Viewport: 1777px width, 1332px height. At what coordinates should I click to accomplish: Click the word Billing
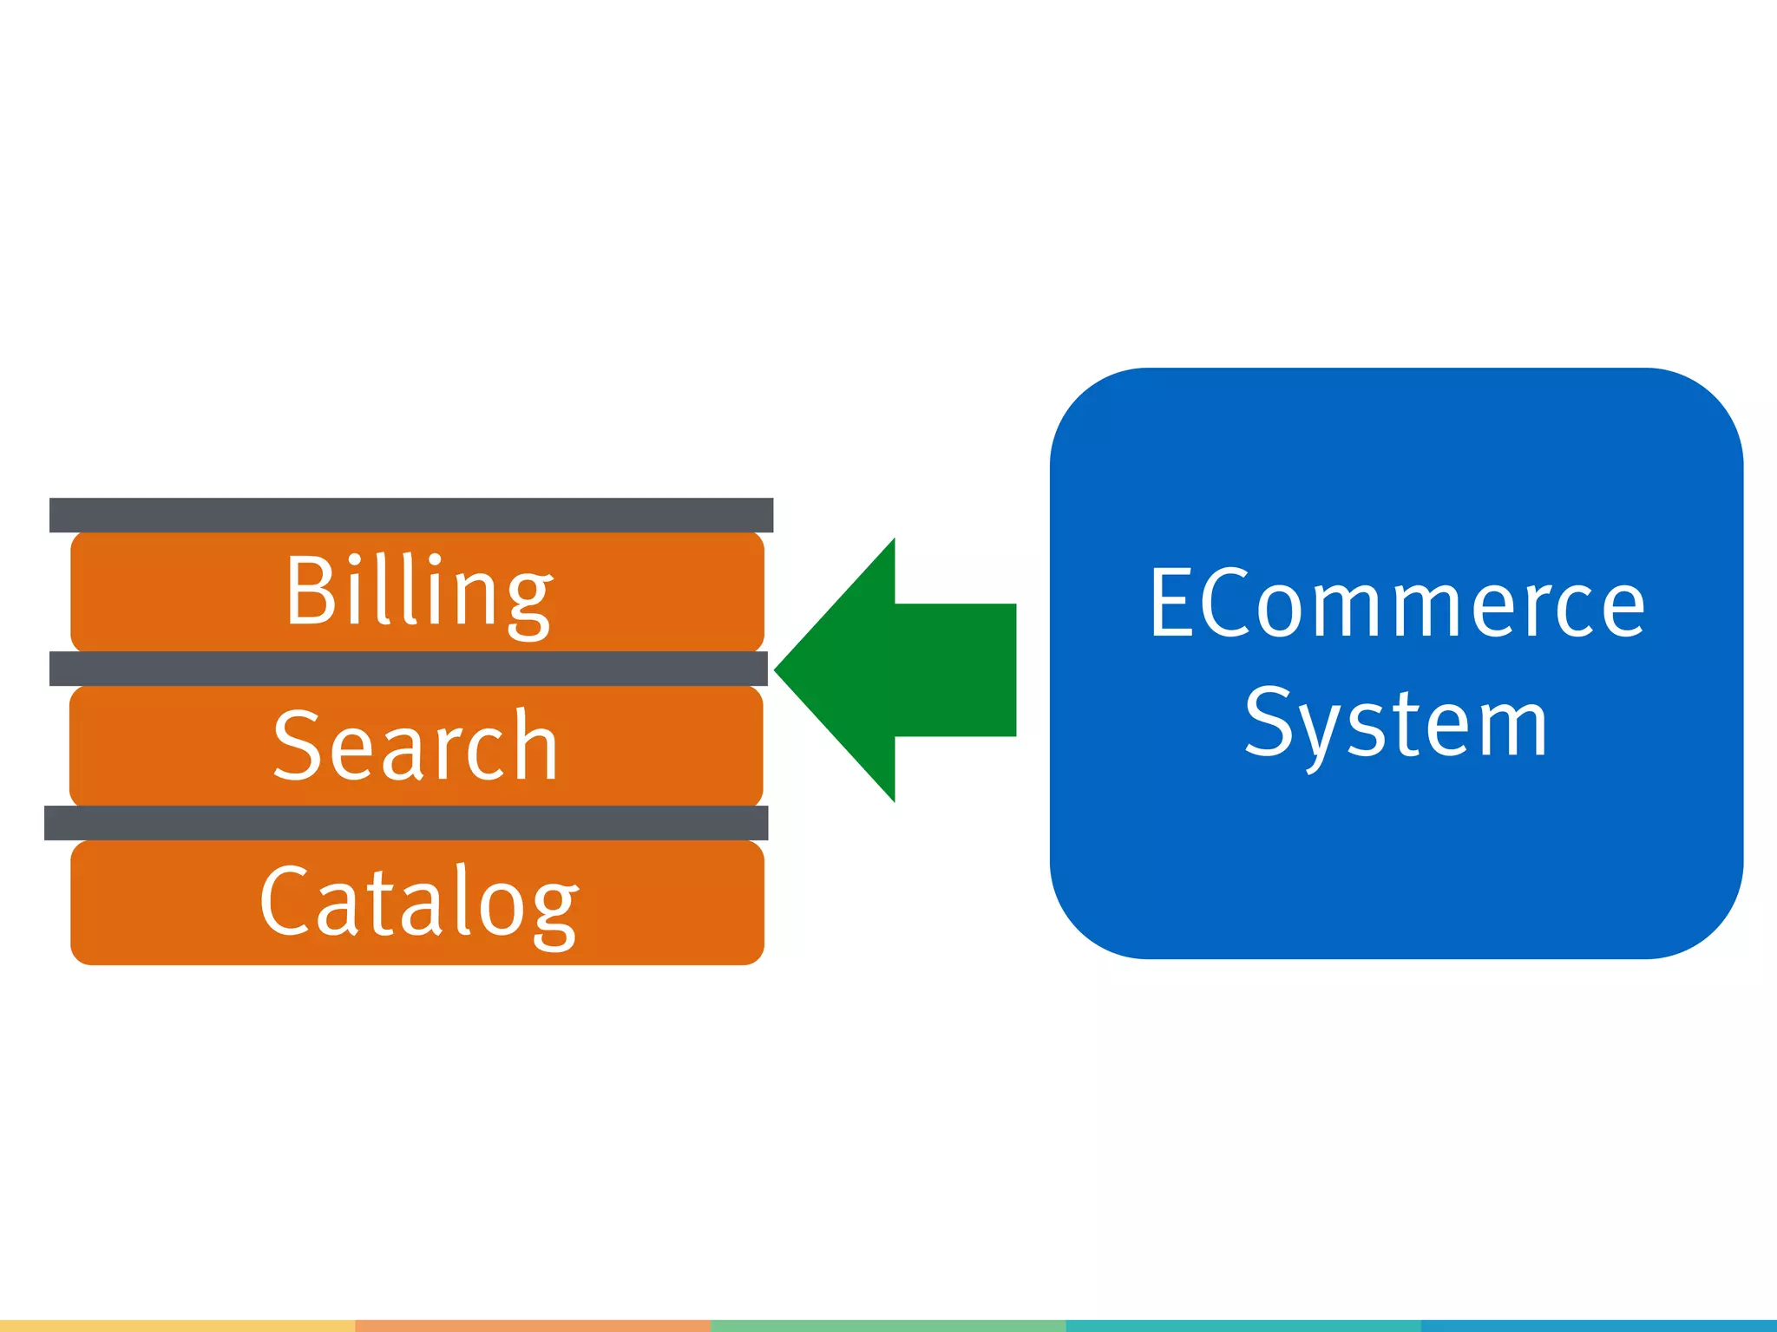point(418,591)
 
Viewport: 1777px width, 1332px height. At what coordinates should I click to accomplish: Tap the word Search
point(416,746)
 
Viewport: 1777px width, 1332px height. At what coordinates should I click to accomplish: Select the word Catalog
point(418,902)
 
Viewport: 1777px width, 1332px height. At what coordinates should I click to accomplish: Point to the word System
point(1396,722)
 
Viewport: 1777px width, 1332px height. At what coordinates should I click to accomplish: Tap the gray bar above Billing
point(410,514)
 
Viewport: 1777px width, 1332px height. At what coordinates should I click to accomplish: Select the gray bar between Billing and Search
point(408,668)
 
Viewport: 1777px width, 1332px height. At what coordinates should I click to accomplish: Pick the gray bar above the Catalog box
point(406,822)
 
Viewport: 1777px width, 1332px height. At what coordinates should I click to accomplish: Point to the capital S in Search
point(297,746)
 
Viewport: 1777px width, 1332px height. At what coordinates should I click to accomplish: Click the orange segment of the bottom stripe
point(533,1325)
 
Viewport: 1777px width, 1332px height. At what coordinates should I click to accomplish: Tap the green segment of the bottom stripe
point(888,1325)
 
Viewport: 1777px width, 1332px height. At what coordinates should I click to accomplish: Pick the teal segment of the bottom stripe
point(1243,1325)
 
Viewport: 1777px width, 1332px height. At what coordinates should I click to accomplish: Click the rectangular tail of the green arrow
point(954,669)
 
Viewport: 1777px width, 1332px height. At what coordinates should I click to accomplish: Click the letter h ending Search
point(534,744)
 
